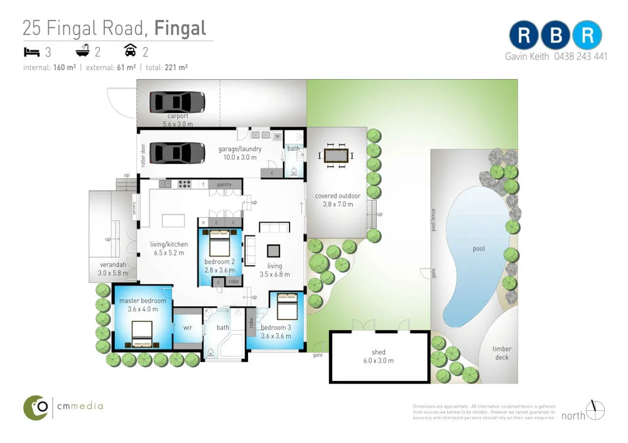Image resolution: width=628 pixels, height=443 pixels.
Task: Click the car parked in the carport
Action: pos(177,102)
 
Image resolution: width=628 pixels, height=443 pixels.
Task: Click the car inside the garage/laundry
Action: pos(177,152)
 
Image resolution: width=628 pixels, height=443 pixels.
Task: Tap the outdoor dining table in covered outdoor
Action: pos(337,155)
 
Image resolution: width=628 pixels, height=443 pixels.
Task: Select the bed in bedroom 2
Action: pos(220,241)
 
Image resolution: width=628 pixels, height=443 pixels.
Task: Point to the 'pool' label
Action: pos(479,249)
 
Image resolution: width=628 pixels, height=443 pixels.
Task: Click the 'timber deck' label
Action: pos(501,353)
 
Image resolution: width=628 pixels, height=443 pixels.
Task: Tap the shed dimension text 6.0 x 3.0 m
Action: pos(378,361)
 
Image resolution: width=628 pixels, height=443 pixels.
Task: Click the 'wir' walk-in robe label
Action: pos(187,328)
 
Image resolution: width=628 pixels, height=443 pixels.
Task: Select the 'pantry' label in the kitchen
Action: pos(224,185)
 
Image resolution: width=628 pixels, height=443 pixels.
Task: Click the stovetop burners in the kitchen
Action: pos(185,184)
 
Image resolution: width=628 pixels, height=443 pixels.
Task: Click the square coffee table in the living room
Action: pos(274,250)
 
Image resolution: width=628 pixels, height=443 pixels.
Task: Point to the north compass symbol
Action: pos(595,410)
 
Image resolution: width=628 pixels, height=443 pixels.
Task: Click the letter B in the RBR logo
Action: pos(555,36)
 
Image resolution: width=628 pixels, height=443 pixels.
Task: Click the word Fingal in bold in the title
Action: pos(180,28)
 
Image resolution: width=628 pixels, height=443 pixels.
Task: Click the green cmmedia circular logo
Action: pos(36,407)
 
